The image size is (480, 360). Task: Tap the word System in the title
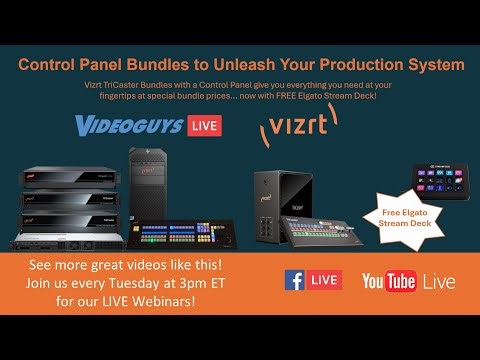coord(433,65)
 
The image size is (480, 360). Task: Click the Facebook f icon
coord(295,280)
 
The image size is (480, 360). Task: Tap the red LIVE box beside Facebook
coord(324,280)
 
